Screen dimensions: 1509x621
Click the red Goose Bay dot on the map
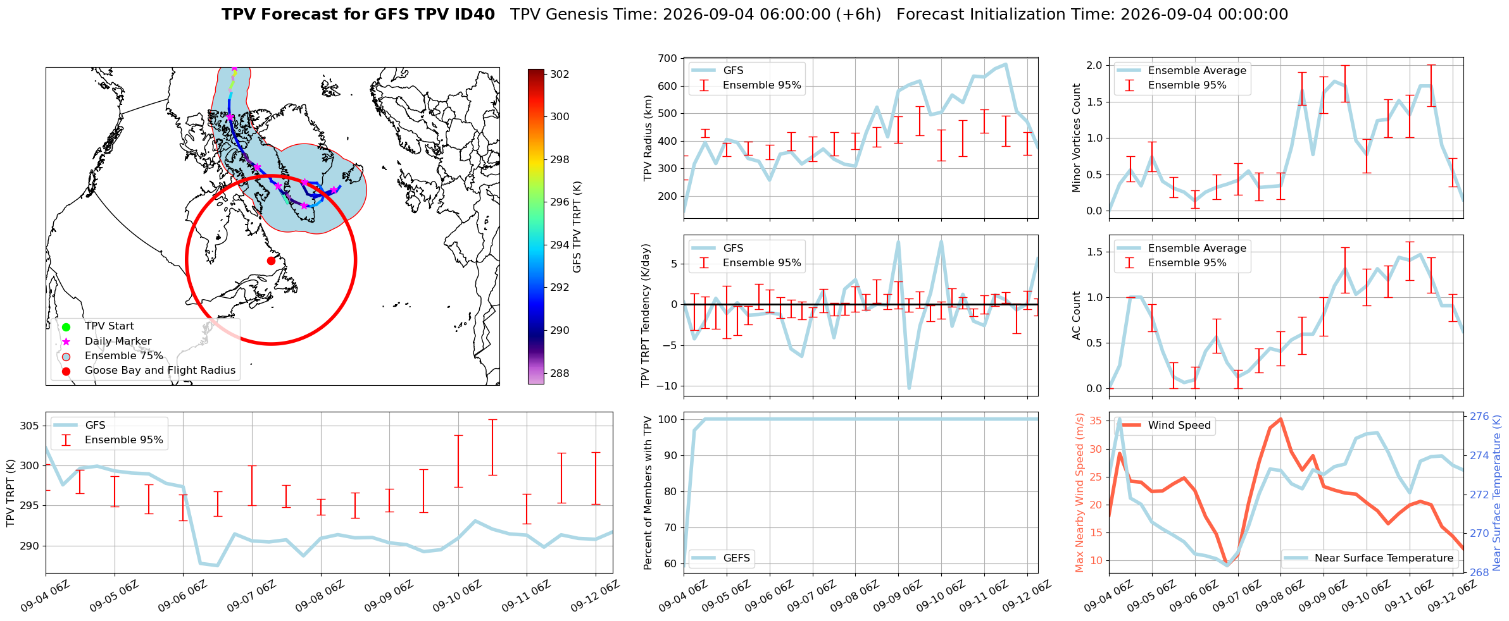pos(271,261)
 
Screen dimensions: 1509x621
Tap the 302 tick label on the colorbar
pos(560,74)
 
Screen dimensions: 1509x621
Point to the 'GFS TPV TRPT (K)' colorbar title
pos(577,227)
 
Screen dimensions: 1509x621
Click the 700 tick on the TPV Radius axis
pos(668,59)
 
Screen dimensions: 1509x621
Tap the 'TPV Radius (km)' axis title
pos(647,138)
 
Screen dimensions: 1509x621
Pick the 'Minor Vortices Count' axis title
pos(1076,138)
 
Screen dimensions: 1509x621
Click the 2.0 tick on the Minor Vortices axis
pos(1094,66)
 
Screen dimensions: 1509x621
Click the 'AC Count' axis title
pos(1076,316)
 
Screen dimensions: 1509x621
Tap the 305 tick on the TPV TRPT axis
pos(29,426)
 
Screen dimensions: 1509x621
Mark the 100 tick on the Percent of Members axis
pos(668,419)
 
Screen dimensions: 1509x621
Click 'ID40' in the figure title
pos(475,15)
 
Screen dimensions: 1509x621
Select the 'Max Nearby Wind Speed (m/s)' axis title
pos(1080,493)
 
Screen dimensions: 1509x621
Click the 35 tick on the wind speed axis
pos(1096,421)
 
